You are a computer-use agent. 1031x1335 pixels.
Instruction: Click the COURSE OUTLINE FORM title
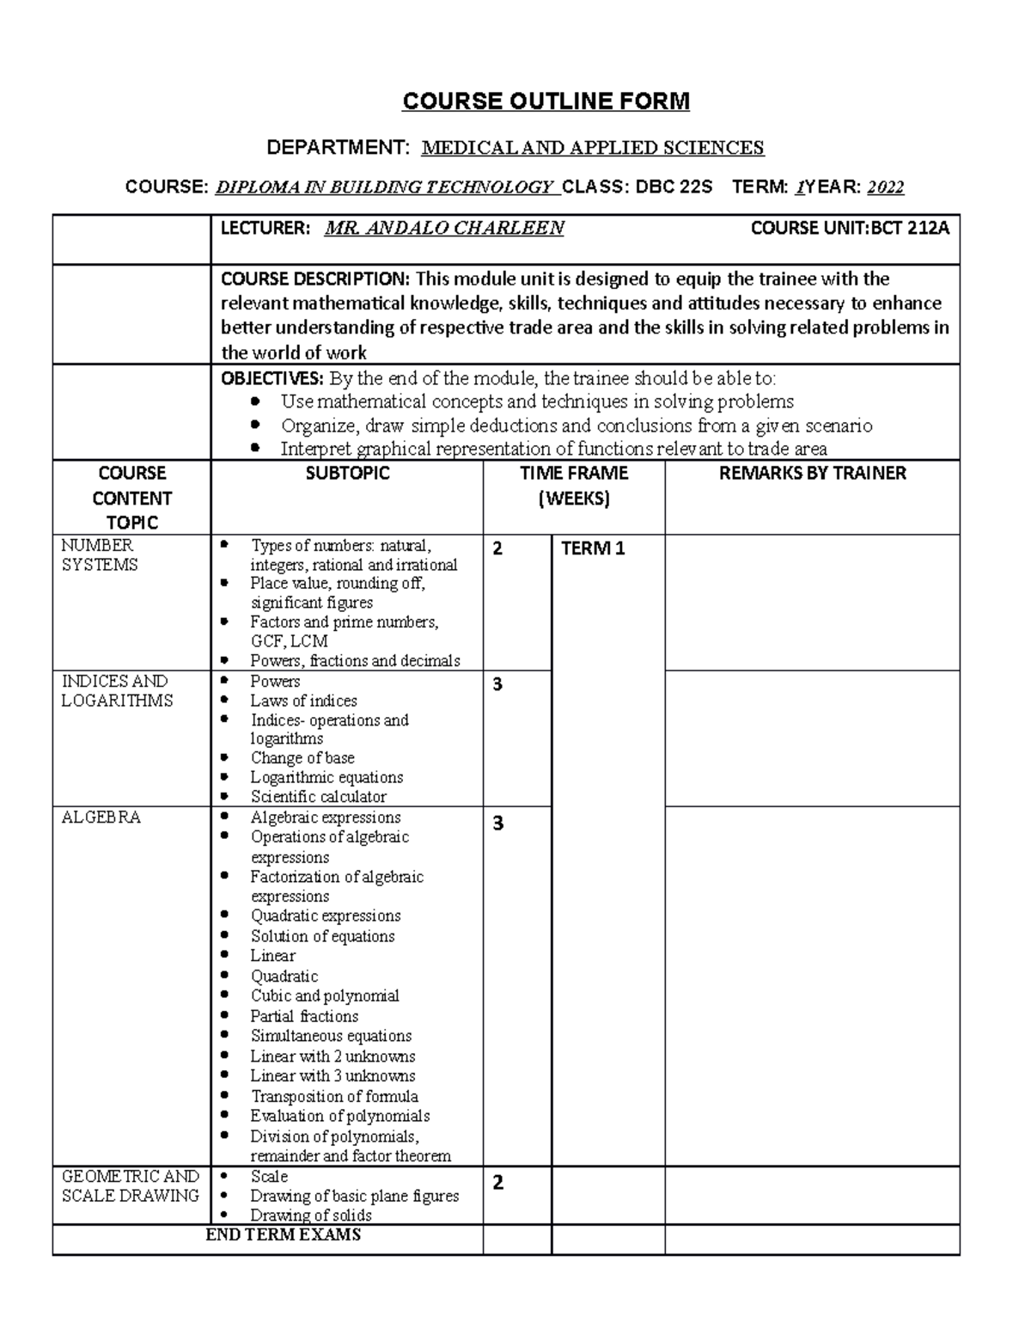[546, 101]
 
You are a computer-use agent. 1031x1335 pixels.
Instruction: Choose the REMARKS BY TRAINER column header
[812, 474]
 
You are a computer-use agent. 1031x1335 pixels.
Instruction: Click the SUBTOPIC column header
[347, 474]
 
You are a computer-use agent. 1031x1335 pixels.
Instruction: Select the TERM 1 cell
[593, 548]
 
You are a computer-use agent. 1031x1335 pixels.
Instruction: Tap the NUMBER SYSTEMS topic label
[99, 555]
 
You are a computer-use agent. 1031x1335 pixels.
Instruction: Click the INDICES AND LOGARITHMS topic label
[116, 691]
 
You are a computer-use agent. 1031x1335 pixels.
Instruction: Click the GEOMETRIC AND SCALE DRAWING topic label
[130, 1185]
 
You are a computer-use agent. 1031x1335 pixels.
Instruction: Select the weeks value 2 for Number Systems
[497, 548]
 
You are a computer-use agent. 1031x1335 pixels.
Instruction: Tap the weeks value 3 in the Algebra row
[497, 824]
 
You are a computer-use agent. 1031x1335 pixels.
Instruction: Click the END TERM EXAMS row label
[284, 1235]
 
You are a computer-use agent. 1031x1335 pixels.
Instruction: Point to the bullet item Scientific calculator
[318, 797]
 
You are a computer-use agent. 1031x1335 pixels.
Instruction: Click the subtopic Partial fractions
[304, 1016]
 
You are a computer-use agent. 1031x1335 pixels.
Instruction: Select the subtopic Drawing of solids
[310, 1216]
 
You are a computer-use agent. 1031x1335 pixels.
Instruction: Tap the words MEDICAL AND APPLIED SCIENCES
[592, 148]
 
